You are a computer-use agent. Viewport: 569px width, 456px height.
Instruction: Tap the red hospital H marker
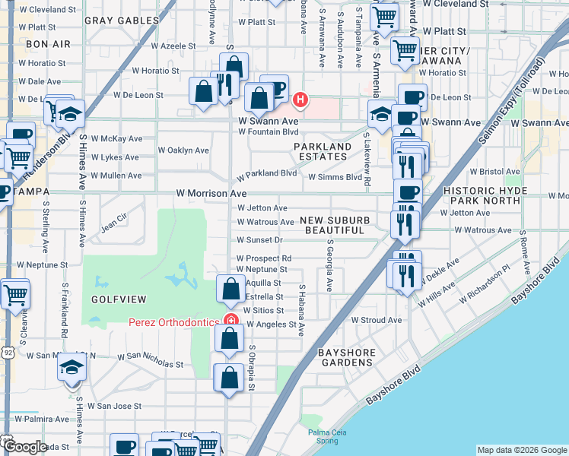click(301, 99)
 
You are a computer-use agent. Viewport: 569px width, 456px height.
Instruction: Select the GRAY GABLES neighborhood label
click(115, 20)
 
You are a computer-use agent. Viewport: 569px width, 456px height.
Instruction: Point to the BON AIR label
click(48, 44)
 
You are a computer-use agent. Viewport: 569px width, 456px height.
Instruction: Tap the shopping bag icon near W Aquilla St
click(230, 290)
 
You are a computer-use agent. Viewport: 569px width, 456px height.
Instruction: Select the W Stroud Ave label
click(376, 320)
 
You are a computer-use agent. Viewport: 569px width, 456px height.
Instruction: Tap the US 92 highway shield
click(7, 353)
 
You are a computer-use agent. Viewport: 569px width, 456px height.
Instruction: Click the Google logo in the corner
click(24, 446)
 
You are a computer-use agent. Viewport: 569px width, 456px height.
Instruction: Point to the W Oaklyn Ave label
click(183, 150)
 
